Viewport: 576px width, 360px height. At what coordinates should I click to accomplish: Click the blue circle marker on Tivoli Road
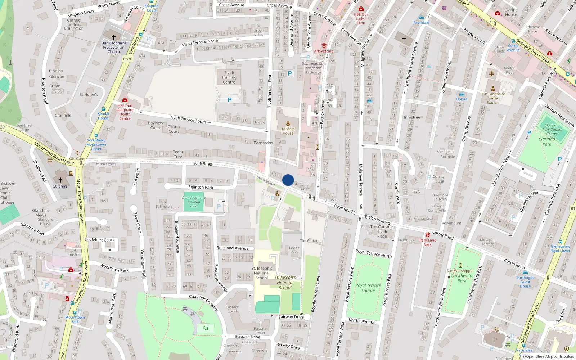coord(288,180)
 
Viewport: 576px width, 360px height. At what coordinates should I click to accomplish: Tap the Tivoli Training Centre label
coord(229,77)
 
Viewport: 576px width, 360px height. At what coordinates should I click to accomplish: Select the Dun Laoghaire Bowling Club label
coord(194,202)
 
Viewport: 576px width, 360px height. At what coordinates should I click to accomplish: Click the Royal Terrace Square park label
coord(368,288)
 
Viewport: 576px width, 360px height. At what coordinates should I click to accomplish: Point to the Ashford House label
coord(288,131)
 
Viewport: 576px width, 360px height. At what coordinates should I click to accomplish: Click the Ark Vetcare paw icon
coord(324,46)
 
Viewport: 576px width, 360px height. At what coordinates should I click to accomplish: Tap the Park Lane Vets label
coord(428,242)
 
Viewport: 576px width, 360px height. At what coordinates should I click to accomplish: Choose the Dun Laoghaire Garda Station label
coord(492,98)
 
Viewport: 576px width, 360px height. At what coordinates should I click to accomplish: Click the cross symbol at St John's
coord(60,180)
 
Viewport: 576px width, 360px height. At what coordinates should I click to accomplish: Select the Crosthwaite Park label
coord(462,278)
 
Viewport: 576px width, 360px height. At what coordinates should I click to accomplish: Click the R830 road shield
coord(128,59)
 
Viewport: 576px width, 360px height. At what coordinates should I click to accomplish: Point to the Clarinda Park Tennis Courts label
coord(551,130)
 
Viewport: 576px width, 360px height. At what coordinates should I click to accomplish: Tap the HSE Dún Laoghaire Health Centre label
coord(125,112)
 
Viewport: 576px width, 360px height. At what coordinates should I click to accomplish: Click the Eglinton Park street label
coord(201,187)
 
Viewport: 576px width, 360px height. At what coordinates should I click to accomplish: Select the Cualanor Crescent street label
coord(204,302)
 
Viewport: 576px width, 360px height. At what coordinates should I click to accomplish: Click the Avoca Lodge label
coord(304,187)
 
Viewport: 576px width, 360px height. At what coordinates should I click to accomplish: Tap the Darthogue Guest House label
coord(525,282)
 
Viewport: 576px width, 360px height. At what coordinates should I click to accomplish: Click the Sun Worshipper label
coord(460,271)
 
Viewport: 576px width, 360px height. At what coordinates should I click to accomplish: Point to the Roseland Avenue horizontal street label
coord(233,248)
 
